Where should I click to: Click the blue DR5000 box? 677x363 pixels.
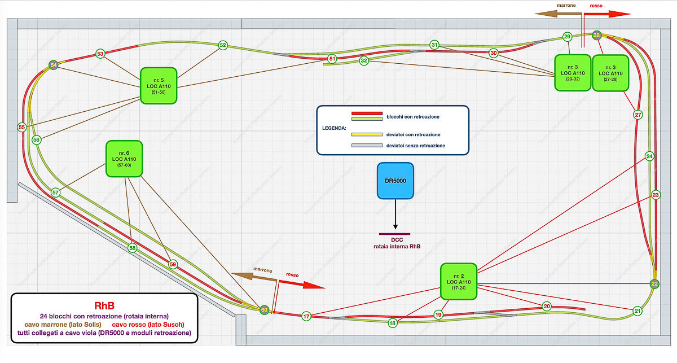[x=395, y=181]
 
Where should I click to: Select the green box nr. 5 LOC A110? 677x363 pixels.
[x=159, y=86]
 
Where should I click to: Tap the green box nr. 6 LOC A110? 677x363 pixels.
[x=124, y=159]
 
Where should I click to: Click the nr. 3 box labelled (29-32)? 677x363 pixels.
[x=572, y=73]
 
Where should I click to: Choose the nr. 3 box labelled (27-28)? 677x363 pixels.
[x=610, y=73]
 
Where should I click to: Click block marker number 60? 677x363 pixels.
[x=263, y=309]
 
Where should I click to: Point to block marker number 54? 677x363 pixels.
[x=54, y=65]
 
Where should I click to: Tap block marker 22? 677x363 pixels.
[x=654, y=283]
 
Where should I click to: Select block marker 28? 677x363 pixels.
[x=596, y=35]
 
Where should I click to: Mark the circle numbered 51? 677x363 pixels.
[x=332, y=58]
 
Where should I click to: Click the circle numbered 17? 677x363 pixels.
[x=306, y=316]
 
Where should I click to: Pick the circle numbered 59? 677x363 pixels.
[x=173, y=264]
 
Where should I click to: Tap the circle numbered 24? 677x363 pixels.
[x=649, y=156]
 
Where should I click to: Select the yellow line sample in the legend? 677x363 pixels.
[x=367, y=134]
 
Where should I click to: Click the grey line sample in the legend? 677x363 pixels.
[x=367, y=145]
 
